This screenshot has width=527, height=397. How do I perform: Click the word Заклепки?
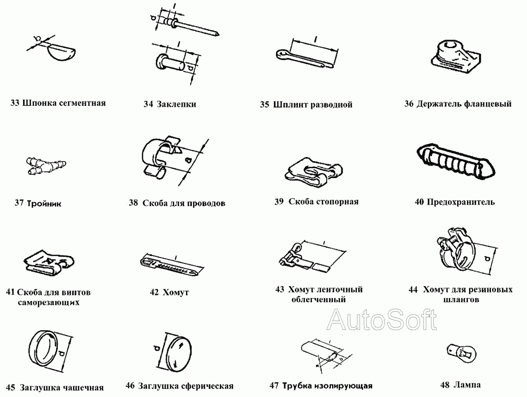[x=176, y=105]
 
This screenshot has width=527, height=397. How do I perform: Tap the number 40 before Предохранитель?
[x=419, y=202]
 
